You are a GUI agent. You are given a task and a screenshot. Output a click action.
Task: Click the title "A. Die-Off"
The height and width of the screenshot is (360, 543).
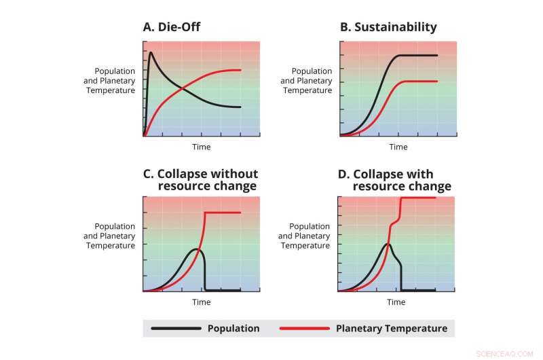tap(171, 27)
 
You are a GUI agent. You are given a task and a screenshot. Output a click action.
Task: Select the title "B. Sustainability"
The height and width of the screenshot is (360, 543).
tap(388, 27)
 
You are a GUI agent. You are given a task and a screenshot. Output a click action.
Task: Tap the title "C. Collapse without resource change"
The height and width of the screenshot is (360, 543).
tap(200, 180)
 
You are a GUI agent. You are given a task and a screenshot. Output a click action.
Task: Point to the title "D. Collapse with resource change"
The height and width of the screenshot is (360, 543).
tap(394, 180)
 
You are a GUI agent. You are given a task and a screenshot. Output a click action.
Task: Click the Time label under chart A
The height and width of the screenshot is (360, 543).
tap(202, 147)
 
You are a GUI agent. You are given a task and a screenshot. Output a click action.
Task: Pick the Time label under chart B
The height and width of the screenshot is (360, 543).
tap(398, 147)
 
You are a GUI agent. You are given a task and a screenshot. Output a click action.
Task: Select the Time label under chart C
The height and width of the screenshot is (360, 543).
tap(202, 302)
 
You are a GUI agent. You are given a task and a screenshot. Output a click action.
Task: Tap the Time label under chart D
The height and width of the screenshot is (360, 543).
tap(396, 302)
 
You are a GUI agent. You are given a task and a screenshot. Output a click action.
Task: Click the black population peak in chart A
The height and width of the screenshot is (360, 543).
tap(151, 52)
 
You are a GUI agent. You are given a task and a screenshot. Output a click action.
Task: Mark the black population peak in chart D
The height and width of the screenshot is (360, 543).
tap(386, 244)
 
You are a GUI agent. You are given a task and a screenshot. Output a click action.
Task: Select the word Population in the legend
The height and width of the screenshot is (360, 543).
tap(233, 329)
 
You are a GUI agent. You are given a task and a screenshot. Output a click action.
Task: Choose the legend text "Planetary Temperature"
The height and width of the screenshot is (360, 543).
tap(392, 329)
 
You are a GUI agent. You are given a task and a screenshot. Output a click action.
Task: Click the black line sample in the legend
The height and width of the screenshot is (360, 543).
tap(176, 329)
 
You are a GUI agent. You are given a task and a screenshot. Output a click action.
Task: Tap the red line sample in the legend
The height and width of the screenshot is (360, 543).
tap(305, 329)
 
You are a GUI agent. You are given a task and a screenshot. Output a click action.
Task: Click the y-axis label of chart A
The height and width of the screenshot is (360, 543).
tap(115, 81)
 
